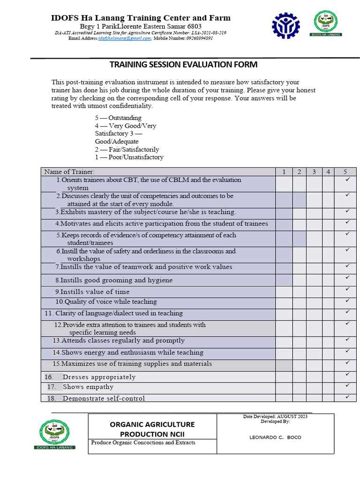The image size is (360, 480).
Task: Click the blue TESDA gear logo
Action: [286, 25]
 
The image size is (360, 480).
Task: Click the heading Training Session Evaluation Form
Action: [183, 65]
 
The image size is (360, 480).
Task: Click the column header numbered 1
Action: [284, 172]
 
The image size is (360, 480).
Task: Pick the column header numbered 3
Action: [314, 172]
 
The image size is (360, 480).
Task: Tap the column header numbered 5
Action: [345, 172]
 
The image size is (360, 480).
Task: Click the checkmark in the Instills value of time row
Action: [347, 289]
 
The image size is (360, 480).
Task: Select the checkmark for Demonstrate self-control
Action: [347, 397]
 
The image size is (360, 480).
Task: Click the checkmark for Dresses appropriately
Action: [347, 374]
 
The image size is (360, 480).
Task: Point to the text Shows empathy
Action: [88, 387]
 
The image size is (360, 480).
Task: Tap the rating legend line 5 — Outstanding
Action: [118, 118]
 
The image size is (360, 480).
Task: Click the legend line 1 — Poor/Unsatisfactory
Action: [129, 157]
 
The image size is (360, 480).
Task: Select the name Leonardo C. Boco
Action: [275, 437]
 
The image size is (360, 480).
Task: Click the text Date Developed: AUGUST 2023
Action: [275, 417]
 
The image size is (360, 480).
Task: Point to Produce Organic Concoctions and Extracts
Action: [143, 442]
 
